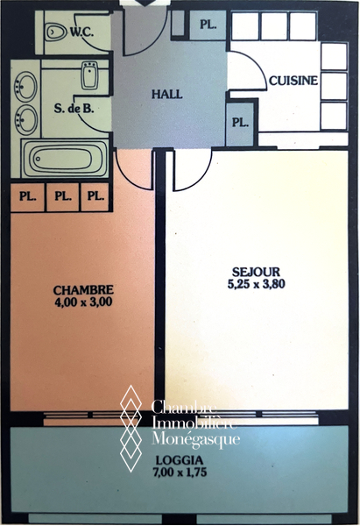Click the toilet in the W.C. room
tap(56, 32)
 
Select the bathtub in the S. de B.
tap(65, 158)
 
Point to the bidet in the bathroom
tap(90, 75)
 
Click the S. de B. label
tap(74, 109)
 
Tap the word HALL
tap(167, 95)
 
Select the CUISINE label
tap(293, 81)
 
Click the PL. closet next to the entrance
tap(208, 25)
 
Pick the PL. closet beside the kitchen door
tap(240, 123)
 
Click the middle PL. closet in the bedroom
tap(63, 196)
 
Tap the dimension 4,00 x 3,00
tap(83, 302)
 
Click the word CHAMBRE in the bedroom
tap(83, 289)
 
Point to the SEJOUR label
tap(256, 272)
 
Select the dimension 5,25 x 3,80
tap(256, 284)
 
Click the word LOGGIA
tap(180, 459)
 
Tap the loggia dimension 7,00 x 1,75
tap(180, 472)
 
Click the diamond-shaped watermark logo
tap(131, 429)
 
